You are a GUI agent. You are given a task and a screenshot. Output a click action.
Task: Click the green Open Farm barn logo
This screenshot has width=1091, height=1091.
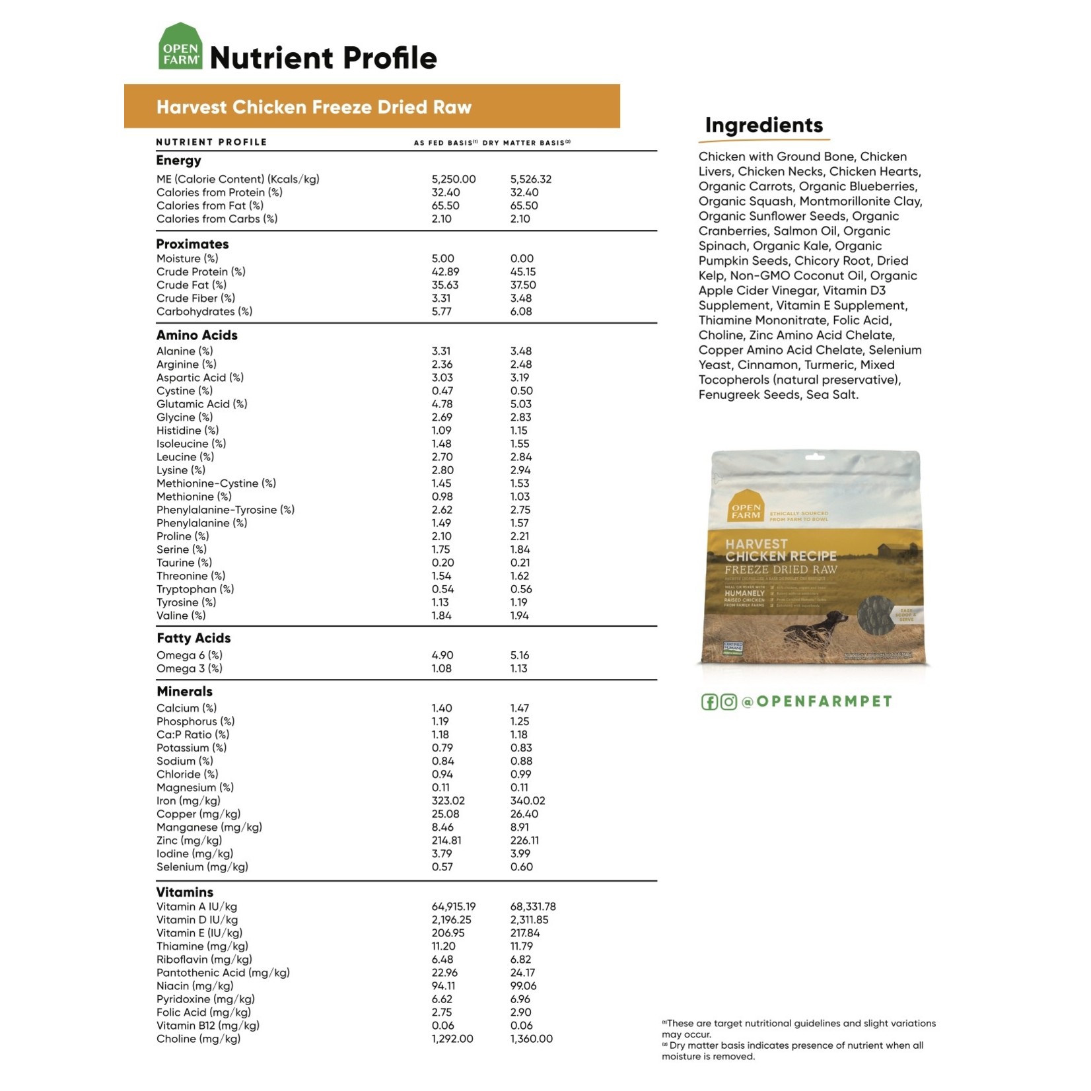tap(180, 46)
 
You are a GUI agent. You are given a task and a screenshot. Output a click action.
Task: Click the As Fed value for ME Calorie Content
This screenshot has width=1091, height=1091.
tap(453, 179)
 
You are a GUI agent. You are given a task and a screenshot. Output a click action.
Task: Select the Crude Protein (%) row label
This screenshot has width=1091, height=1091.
tap(201, 271)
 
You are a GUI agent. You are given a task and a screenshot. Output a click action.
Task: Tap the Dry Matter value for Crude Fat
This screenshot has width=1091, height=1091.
tap(522, 285)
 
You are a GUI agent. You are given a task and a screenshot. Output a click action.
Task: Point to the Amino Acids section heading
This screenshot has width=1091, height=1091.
tap(197, 335)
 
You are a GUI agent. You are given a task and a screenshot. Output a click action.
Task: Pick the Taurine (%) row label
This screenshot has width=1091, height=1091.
tap(184, 563)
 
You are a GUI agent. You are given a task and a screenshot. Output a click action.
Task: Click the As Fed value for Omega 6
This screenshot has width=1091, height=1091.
tap(442, 655)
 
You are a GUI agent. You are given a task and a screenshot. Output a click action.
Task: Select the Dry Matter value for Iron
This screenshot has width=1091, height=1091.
tap(527, 800)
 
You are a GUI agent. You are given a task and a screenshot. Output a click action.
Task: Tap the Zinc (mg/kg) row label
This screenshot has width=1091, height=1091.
tap(189, 840)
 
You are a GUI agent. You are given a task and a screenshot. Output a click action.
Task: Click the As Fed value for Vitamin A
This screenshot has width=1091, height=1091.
tap(453, 907)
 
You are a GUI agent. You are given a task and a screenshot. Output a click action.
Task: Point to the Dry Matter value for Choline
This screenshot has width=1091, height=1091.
tap(531, 1039)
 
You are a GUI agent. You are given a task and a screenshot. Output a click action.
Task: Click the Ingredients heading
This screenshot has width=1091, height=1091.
tap(763, 125)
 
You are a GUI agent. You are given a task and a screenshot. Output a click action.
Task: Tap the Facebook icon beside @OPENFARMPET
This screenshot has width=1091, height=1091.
tap(709, 701)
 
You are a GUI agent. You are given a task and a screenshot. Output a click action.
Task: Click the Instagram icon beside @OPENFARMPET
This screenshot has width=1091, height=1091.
tap(728, 701)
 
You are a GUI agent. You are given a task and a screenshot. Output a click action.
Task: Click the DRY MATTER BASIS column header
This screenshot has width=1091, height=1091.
tap(526, 143)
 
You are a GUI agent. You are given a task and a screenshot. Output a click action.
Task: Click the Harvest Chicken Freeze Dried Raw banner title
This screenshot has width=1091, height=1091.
tap(314, 107)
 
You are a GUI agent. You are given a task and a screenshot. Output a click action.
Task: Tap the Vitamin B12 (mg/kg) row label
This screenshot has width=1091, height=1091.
tap(207, 1026)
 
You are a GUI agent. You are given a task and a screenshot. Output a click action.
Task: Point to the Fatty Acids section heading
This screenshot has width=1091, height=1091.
tap(194, 638)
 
